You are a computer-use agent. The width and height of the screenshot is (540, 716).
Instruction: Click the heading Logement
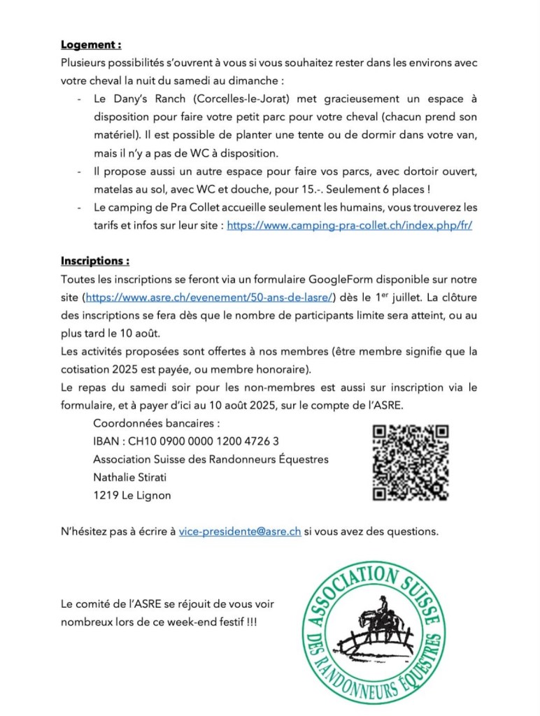[x=91, y=45]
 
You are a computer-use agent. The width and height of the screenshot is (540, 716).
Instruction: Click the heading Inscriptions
[x=94, y=261]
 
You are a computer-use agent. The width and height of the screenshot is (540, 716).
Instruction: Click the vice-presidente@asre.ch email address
[x=240, y=531]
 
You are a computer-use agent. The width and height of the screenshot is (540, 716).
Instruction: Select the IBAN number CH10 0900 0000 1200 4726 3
[x=186, y=441]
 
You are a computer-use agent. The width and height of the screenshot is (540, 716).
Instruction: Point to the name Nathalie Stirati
[x=135, y=478]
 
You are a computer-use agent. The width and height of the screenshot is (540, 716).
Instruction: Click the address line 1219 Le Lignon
[x=132, y=495]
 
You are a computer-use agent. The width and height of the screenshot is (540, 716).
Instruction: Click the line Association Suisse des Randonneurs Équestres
[x=211, y=459]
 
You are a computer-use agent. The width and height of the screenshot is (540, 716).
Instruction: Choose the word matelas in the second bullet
[x=113, y=189]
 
